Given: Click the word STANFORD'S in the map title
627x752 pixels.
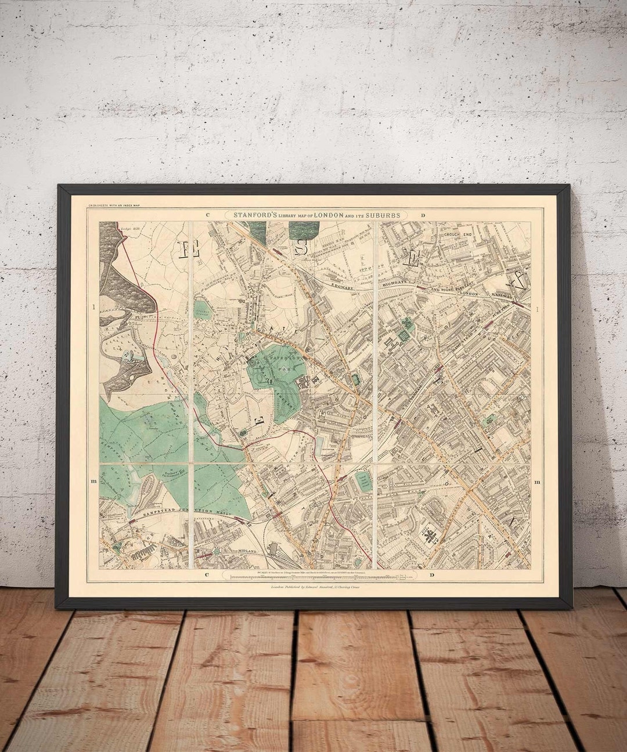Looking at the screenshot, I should point(254,215).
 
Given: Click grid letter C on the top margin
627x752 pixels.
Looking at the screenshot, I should point(207,215).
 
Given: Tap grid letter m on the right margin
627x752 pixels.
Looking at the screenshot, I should point(538,482).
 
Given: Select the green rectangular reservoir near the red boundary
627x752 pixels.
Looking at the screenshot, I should point(364,482).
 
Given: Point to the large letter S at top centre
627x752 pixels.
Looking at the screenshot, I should point(301,246).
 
